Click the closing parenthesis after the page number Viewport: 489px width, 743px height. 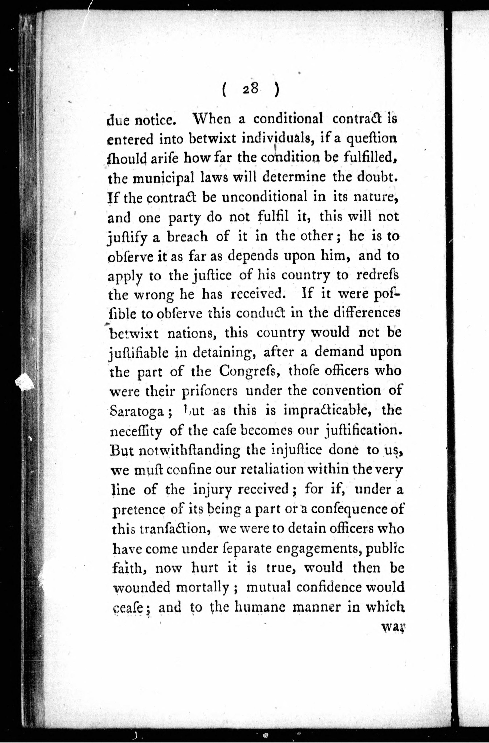[x=276, y=90]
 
